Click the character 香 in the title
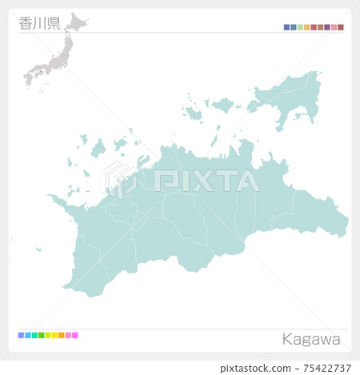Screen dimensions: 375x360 (x=25, y=23)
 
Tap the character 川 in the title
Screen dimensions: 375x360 (x=39, y=23)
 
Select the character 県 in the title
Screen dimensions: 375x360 (x=54, y=23)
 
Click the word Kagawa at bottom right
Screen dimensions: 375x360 (x=311, y=339)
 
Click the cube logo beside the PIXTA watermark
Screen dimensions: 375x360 (x=118, y=180)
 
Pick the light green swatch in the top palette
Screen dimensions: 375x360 (x=300, y=27)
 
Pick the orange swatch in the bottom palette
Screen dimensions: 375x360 (x=62, y=335)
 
